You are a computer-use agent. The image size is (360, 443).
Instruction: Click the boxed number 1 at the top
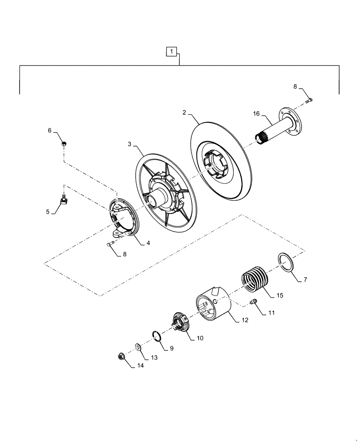[x=172, y=52]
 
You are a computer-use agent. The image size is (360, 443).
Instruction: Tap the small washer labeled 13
[x=138, y=346]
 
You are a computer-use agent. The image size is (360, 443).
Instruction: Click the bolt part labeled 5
[x=65, y=202]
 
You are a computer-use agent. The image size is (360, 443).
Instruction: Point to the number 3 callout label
[x=129, y=145]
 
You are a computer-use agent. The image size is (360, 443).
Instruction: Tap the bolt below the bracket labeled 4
[x=111, y=244]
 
